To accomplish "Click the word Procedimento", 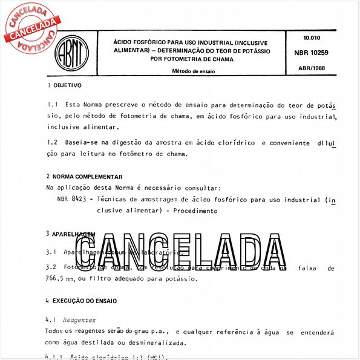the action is [x=195, y=211].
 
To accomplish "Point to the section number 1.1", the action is [x=52, y=105].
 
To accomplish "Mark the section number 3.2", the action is [x=52, y=267].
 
